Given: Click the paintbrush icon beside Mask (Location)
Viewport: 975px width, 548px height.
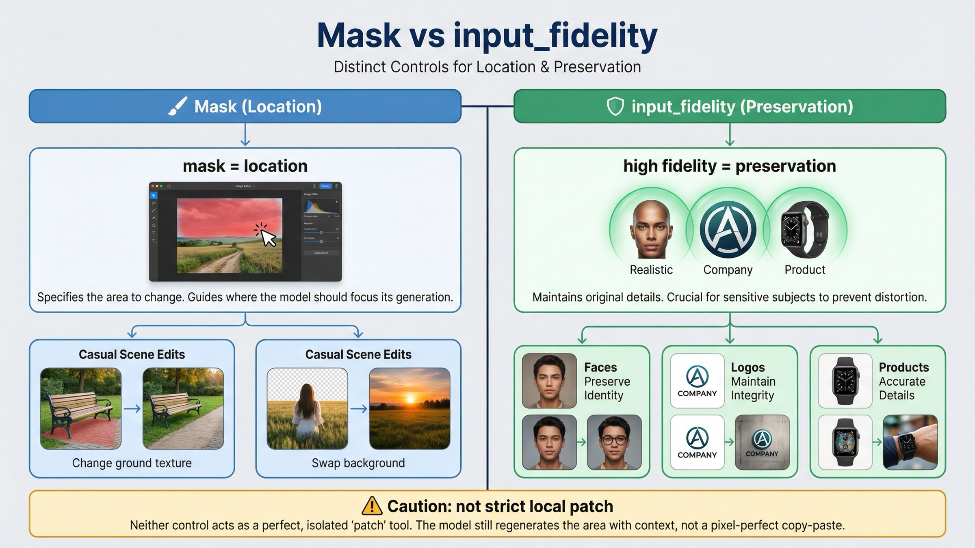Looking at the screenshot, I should pyautogui.click(x=178, y=106).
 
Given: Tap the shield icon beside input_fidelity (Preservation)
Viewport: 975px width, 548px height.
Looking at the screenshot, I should pyautogui.click(x=615, y=106).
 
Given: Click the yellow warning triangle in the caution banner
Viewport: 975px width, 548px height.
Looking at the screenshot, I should pyautogui.click(x=372, y=506).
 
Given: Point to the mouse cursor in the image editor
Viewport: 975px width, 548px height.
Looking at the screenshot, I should pyautogui.click(x=267, y=238).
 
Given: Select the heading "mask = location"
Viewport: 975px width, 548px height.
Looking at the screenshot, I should pyautogui.click(x=245, y=166).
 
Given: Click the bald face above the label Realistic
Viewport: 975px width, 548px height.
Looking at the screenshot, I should pyautogui.click(x=651, y=229).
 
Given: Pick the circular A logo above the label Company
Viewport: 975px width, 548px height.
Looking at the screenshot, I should pyautogui.click(x=728, y=229).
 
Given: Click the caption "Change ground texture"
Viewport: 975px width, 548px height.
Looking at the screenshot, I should pyautogui.click(x=132, y=463).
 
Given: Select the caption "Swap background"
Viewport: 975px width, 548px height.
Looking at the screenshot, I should pyautogui.click(x=358, y=463).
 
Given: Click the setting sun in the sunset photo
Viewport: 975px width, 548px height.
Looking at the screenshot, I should pyautogui.click(x=410, y=400).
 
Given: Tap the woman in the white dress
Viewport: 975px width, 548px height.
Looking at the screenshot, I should pyautogui.click(x=308, y=412).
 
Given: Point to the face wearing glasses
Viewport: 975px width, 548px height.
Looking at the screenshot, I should pyautogui.click(x=614, y=442).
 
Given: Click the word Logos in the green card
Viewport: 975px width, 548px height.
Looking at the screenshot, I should pyautogui.click(x=747, y=367).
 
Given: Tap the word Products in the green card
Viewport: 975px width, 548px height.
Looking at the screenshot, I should pyautogui.click(x=904, y=367).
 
